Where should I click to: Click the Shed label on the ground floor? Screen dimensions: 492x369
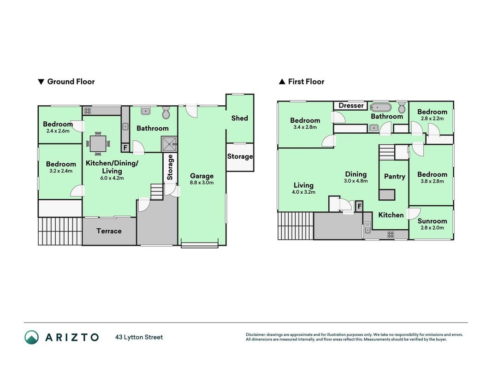(x=239, y=118)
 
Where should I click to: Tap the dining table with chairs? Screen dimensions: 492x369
(x=98, y=144)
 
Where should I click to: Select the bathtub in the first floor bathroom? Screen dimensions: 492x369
(x=380, y=107)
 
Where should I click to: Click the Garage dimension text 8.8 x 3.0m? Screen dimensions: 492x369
(x=202, y=183)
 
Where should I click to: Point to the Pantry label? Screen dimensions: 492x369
(x=394, y=176)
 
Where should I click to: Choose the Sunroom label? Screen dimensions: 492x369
(x=432, y=221)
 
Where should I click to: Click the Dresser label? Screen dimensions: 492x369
(x=351, y=106)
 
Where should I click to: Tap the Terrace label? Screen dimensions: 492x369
(x=109, y=231)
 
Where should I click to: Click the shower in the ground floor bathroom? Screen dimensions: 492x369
(x=169, y=144)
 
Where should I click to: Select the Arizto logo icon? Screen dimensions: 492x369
(x=32, y=337)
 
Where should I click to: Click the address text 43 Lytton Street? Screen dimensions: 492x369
(x=139, y=337)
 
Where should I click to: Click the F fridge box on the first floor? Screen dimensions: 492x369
(x=359, y=206)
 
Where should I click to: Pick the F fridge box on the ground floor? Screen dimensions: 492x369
(x=125, y=148)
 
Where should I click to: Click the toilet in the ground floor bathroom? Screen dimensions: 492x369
(x=166, y=112)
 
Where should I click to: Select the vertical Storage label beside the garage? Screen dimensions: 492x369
(x=170, y=167)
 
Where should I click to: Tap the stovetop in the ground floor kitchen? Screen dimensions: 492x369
(x=88, y=111)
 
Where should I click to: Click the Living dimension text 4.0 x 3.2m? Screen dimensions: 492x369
(x=303, y=192)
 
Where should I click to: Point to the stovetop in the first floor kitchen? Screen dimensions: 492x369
(x=391, y=234)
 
